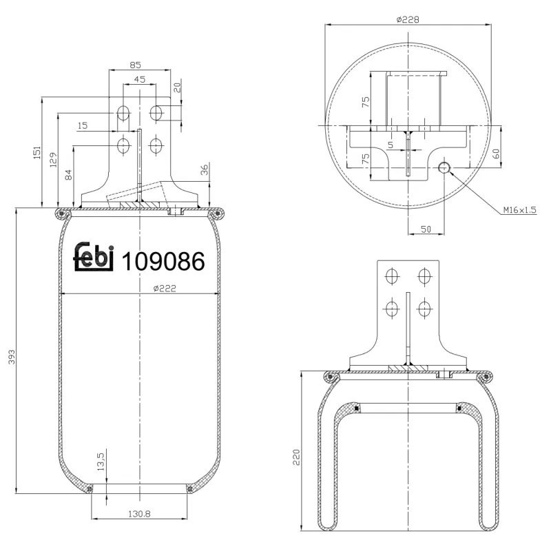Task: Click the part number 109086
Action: tap(163, 261)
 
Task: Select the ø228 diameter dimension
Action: tap(408, 20)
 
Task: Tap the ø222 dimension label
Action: tap(165, 289)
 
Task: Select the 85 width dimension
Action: tap(136, 66)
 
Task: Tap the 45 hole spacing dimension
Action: tap(139, 80)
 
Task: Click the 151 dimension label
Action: tap(38, 153)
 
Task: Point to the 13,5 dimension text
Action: tap(101, 460)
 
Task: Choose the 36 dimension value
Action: tap(204, 169)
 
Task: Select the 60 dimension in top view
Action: tap(497, 153)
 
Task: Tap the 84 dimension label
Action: tap(68, 175)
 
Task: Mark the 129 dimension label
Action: tap(53, 159)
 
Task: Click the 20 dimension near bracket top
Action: tap(177, 88)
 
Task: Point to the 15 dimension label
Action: tap(83, 126)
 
